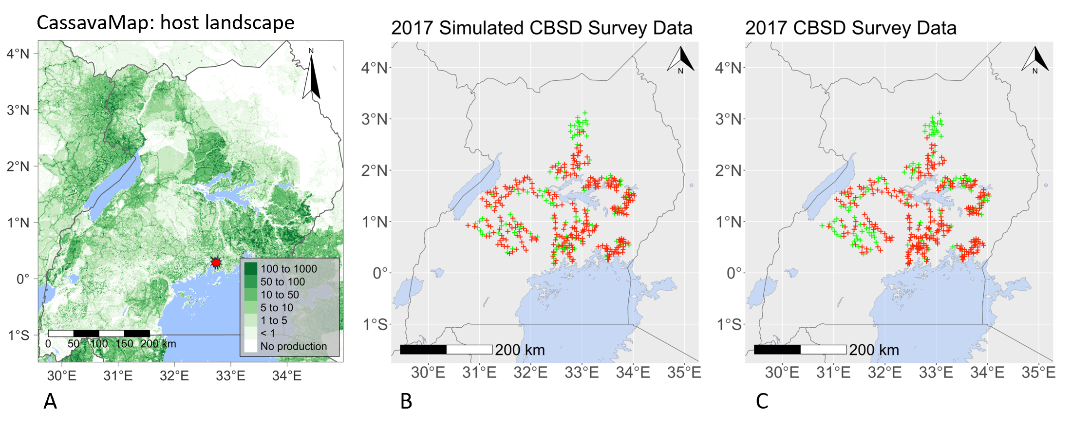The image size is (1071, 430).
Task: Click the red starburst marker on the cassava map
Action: point(216,262)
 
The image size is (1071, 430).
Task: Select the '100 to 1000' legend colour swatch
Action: point(250,269)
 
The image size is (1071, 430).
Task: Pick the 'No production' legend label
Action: point(293,346)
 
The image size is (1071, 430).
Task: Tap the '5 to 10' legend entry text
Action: point(277,308)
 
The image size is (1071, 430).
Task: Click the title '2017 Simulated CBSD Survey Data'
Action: point(542,28)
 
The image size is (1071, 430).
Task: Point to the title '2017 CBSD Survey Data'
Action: point(850,28)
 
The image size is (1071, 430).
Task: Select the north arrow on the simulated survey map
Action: point(681,60)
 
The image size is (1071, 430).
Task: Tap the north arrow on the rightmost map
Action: point(1035,60)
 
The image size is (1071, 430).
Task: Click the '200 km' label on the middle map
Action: point(520,350)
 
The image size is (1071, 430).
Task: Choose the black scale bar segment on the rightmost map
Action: point(777,350)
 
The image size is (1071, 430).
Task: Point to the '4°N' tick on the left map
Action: point(18,54)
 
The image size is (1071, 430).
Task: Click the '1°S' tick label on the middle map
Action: point(375,324)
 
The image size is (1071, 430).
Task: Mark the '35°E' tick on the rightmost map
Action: point(1038,373)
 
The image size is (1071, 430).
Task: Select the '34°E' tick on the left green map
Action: point(287,375)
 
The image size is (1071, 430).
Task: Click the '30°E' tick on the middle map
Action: point(428,373)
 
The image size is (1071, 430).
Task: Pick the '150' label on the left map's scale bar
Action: point(124,344)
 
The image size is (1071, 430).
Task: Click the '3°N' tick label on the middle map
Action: point(375,119)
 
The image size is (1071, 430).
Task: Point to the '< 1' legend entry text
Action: point(267,334)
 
